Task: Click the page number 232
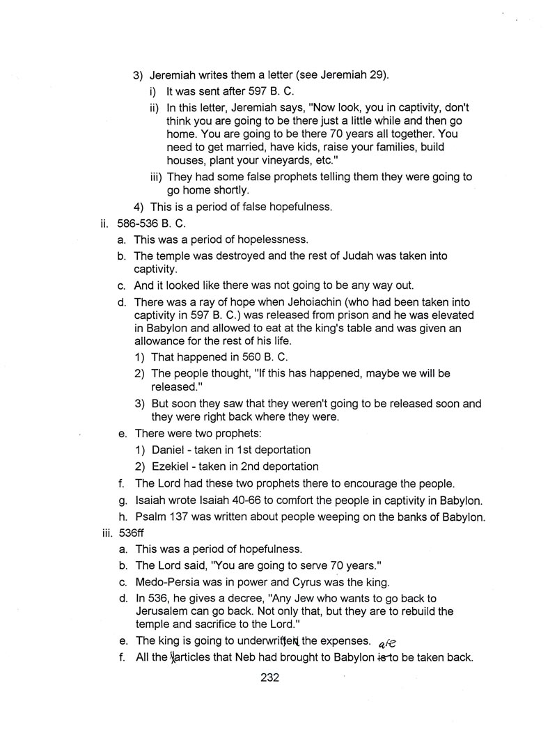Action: tap(269, 677)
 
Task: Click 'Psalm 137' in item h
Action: tap(163, 516)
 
